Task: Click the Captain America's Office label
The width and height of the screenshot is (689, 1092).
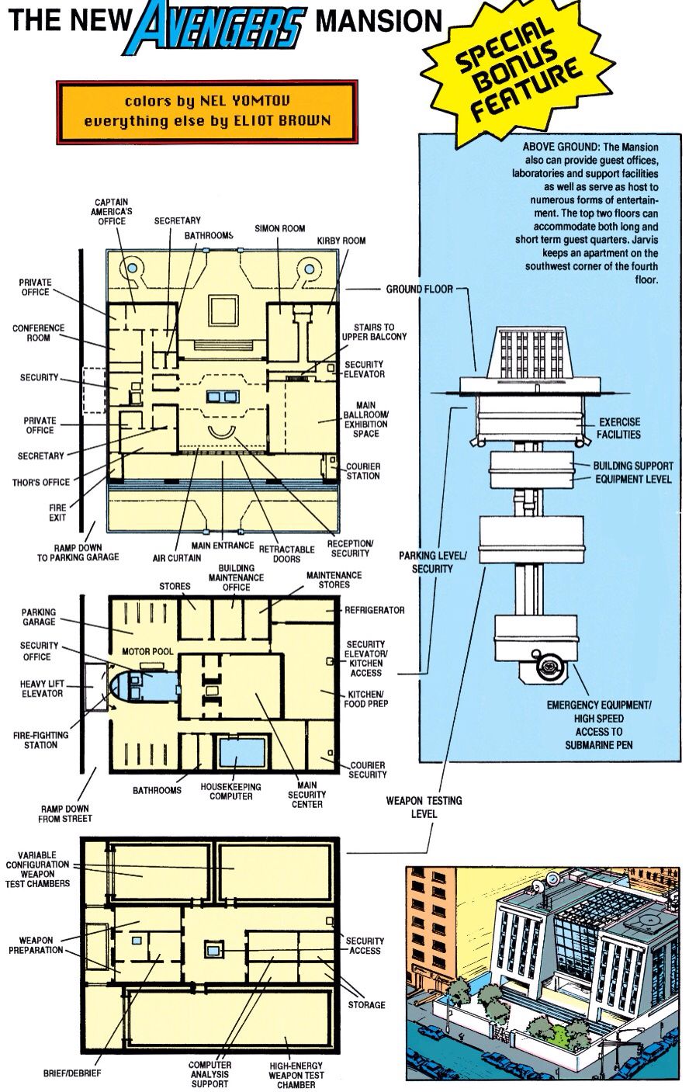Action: (112, 212)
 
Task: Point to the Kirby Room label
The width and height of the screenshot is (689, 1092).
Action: (341, 241)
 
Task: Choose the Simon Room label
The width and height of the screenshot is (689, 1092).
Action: (279, 228)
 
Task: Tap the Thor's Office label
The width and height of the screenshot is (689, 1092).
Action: (41, 482)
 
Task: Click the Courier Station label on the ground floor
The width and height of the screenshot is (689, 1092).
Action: (363, 471)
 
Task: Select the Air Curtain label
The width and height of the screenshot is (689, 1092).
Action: (177, 558)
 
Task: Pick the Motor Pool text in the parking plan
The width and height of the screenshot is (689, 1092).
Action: (147, 651)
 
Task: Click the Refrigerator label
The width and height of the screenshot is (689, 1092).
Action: (374, 610)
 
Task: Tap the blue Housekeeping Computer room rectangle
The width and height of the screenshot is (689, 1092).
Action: (242, 753)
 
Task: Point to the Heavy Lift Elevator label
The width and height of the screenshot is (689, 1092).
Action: (42, 688)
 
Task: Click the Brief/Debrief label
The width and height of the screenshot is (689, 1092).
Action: (72, 1073)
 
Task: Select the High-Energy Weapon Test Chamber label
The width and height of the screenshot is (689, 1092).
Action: (296, 1075)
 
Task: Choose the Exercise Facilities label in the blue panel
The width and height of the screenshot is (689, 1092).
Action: (619, 428)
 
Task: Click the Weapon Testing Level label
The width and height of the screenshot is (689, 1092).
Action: (424, 807)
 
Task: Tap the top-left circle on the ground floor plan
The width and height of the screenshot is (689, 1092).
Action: (132, 268)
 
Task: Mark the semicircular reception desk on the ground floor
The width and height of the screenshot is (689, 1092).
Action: (222, 433)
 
